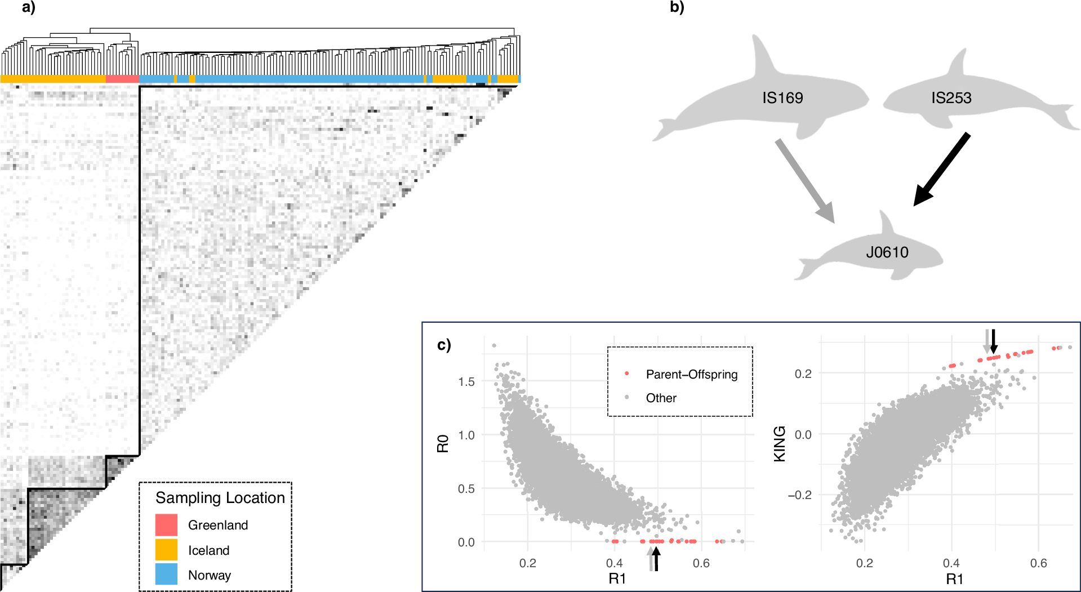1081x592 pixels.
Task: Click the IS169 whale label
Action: point(782,98)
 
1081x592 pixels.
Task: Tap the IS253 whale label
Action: point(951,98)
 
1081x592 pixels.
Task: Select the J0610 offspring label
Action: point(887,252)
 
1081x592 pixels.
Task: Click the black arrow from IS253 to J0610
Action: point(941,170)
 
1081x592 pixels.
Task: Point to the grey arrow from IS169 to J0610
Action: point(804,181)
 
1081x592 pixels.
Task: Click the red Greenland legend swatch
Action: point(166,525)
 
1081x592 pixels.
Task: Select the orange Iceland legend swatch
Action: point(166,550)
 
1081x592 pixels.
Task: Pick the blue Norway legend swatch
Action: point(166,575)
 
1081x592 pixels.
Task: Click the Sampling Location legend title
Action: point(220,498)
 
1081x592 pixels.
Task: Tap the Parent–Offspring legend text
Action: point(691,375)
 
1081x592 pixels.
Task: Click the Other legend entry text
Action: point(661,398)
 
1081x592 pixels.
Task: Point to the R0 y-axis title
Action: point(443,443)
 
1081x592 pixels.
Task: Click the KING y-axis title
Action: point(779,443)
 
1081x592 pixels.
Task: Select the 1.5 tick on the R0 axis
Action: point(466,382)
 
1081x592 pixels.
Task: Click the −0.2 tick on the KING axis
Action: point(799,495)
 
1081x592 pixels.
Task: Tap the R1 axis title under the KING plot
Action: point(954,578)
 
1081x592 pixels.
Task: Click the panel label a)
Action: point(28,7)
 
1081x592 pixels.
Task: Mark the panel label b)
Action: point(677,7)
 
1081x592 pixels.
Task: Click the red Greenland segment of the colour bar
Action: point(122,79)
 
